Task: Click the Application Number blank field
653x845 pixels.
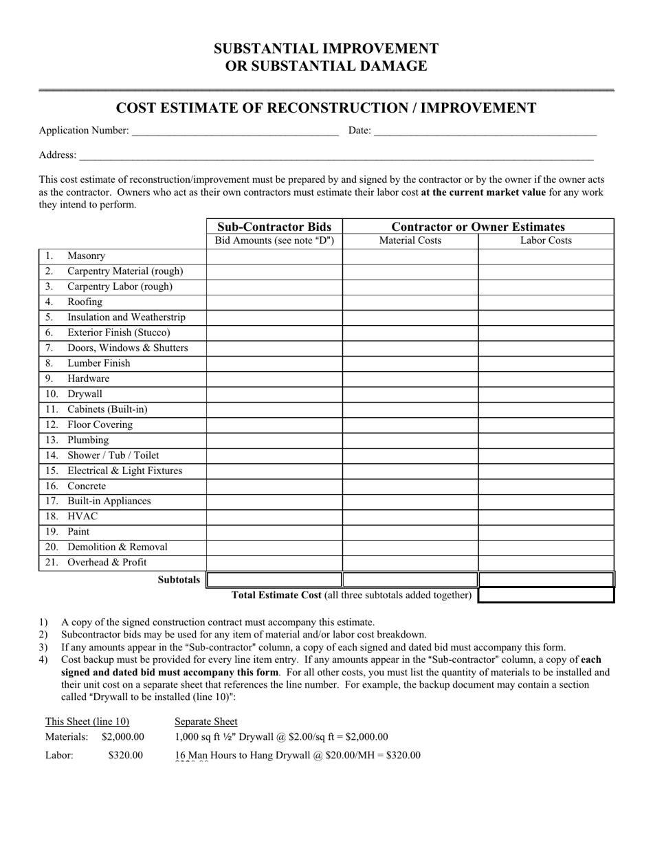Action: [234, 131]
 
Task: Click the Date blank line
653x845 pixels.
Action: [485, 131]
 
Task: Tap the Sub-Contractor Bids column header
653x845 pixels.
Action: [274, 227]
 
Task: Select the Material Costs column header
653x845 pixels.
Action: [410, 240]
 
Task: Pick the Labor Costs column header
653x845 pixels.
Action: [546, 240]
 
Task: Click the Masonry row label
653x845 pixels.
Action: [86, 256]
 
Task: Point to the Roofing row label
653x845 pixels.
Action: [85, 302]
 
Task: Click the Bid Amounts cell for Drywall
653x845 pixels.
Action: [274, 394]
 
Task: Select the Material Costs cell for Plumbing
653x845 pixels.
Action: [410, 440]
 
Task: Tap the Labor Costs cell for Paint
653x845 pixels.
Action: [546, 532]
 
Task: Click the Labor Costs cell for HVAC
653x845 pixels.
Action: [546, 517]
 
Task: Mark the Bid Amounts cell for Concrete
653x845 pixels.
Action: [274, 486]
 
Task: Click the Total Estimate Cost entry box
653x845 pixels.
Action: [546, 595]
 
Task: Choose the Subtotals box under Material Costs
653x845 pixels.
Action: [410, 579]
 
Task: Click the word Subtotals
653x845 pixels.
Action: [179, 580]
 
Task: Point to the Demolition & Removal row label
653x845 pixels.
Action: [117, 548]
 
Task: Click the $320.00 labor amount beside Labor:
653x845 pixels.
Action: [125, 756]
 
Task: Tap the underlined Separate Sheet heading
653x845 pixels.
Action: [206, 721]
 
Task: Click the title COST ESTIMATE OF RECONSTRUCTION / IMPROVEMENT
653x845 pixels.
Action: [326, 108]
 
